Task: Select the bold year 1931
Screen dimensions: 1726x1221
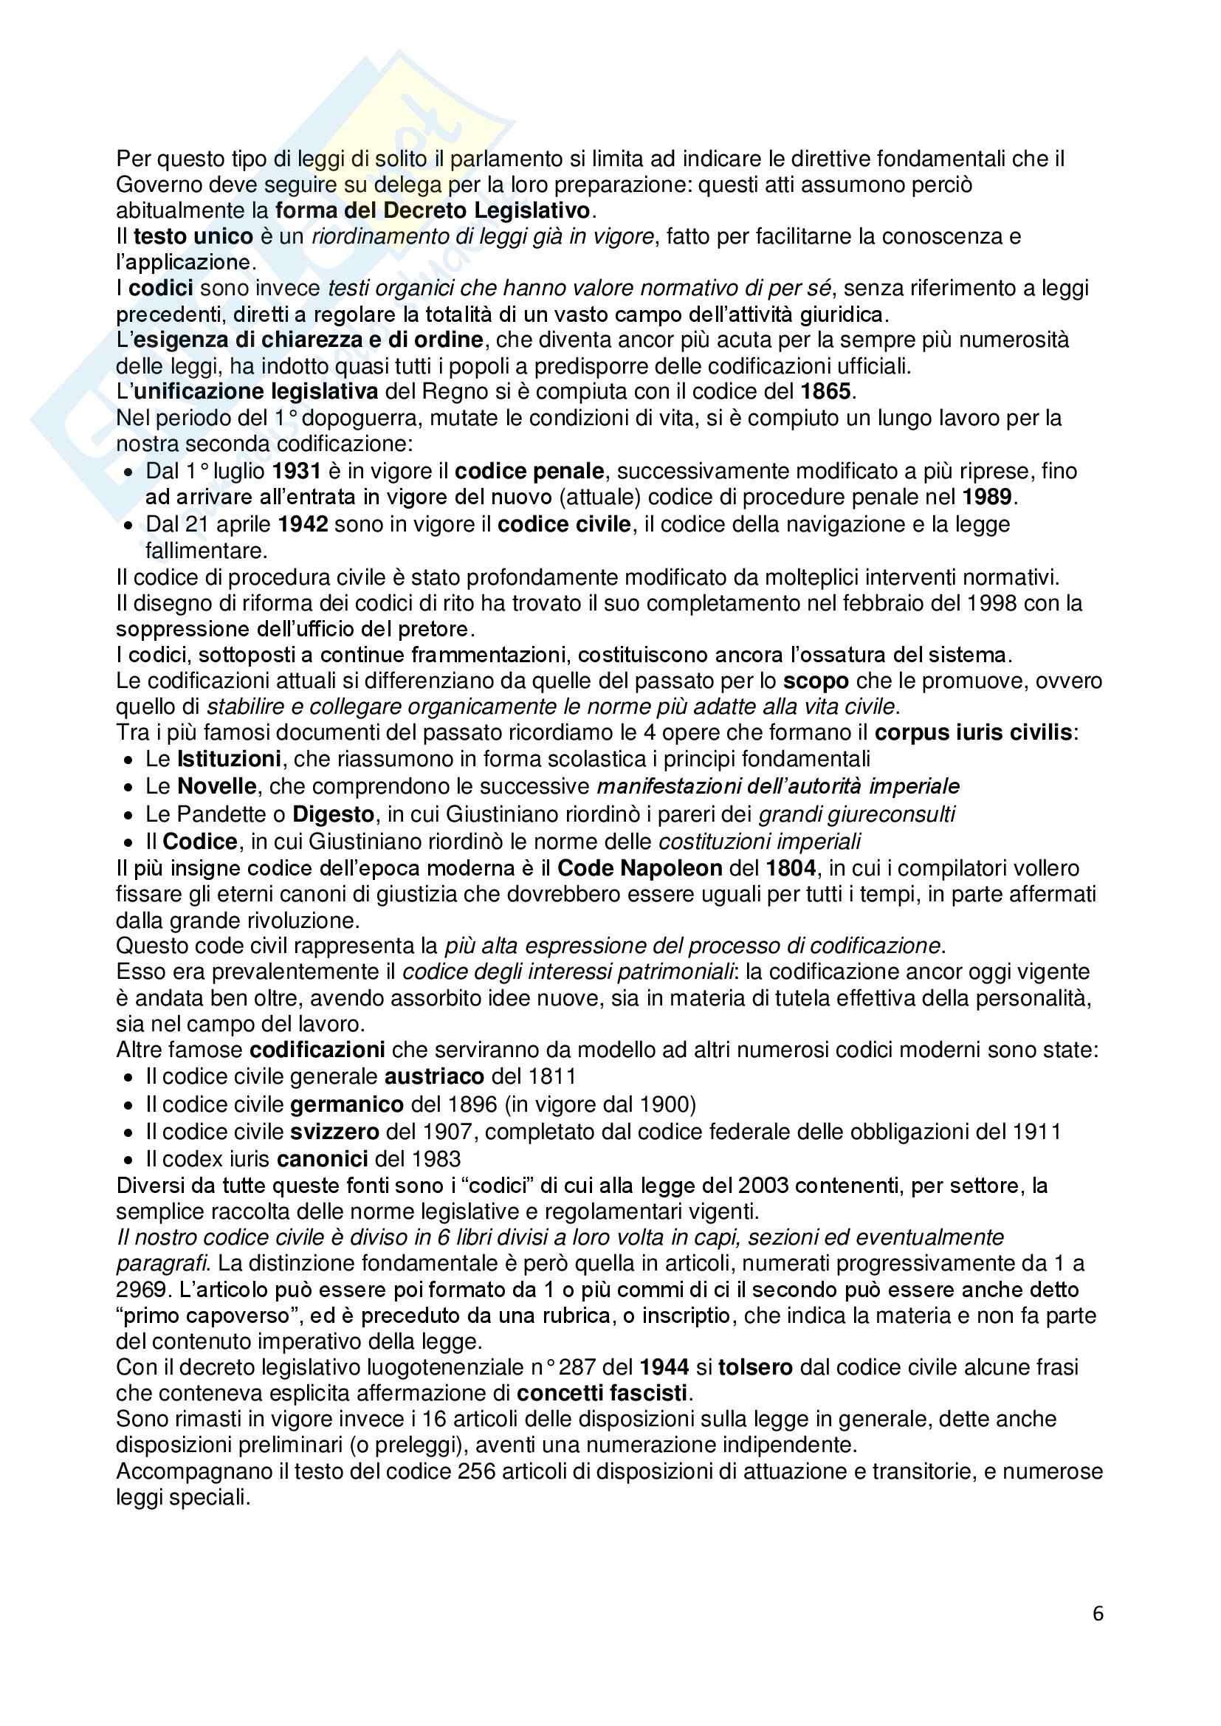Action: click(x=296, y=471)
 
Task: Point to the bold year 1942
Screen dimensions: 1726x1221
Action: click(x=303, y=524)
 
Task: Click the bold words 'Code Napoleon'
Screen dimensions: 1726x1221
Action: click(x=640, y=868)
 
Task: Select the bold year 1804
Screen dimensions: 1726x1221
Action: click(x=790, y=868)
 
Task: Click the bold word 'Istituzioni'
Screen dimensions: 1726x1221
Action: click(x=230, y=758)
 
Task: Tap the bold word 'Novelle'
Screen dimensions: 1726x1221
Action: click(x=217, y=786)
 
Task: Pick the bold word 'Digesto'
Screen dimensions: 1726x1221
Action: click(x=333, y=814)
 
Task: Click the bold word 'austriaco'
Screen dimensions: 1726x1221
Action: click(x=434, y=1076)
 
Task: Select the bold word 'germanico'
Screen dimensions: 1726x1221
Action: click(x=348, y=1104)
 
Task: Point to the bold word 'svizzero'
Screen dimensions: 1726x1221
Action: click(x=334, y=1132)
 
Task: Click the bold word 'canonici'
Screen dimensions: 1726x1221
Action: click(x=323, y=1159)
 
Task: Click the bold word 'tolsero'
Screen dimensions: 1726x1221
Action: click(x=755, y=1366)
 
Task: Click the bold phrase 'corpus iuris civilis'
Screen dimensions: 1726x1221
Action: click(x=973, y=732)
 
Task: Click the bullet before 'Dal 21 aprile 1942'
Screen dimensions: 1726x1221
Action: click(x=129, y=525)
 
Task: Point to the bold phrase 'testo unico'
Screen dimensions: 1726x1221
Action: click(x=193, y=236)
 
